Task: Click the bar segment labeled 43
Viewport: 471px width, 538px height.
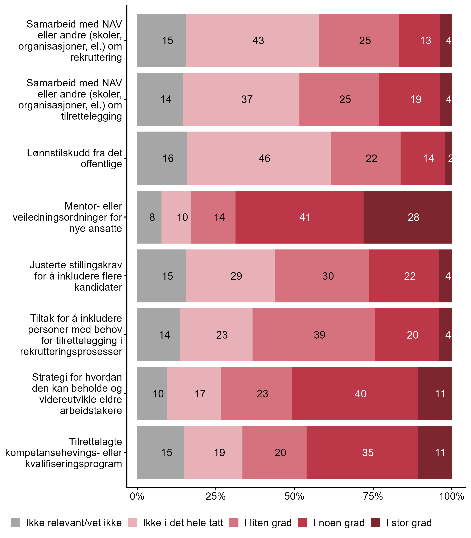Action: [x=252, y=40]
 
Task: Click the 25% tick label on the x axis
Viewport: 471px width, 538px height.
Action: [x=216, y=496]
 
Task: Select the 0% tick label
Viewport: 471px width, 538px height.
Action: [x=137, y=496]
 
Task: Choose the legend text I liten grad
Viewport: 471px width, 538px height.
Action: [x=268, y=523]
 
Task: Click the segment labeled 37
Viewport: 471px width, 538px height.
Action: [x=241, y=99]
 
